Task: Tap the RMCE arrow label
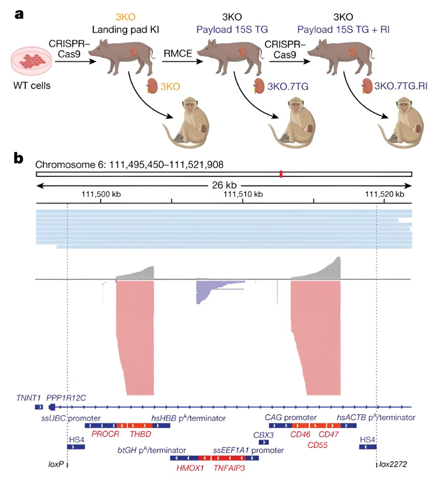[x=179, y=55]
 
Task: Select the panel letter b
[x=19, y=158]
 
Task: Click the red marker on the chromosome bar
[x=280, y=174]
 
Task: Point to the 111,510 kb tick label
[x=244, y=194]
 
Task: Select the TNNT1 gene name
[x=29, y=397]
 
